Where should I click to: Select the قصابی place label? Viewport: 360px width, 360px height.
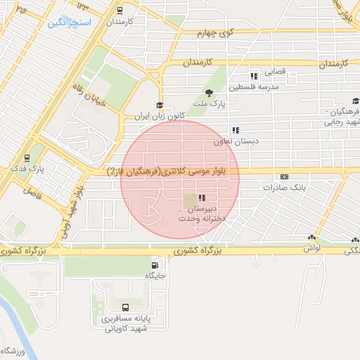click(x=274, y=72)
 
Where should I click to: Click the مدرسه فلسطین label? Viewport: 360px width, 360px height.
click(x=259, y=86)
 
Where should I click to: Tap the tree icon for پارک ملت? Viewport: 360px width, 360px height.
click(x=208, y=92)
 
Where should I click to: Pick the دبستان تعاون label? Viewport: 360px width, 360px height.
click(x=236, y=141)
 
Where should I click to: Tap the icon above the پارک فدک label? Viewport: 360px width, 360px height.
click(x=27, y=158)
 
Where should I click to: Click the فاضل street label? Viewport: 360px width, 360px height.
click(x=32, y=190)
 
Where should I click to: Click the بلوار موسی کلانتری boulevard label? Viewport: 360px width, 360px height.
click(x=172, y=171)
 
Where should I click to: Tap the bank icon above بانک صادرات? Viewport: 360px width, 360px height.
click(x=284, y=176)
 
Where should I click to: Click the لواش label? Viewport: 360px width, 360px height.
click(x=312, y=248)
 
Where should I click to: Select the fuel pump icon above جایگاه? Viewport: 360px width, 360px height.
click(x=153, y=265)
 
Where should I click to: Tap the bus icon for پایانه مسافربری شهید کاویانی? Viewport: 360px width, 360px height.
click(x=125, y=307)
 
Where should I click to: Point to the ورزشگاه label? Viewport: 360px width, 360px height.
click(x=13, y=350)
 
